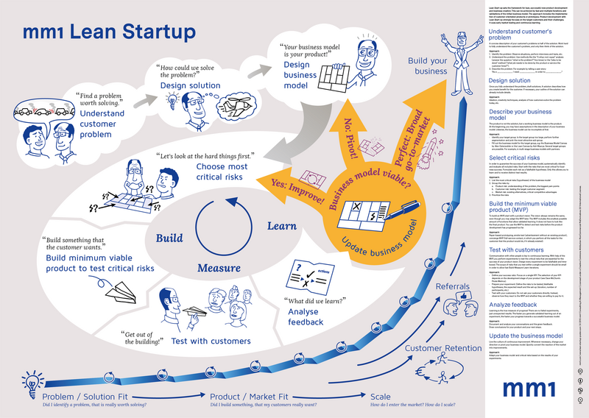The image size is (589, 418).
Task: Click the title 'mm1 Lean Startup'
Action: (109, 32)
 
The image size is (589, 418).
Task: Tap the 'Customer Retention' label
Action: (440, 348)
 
